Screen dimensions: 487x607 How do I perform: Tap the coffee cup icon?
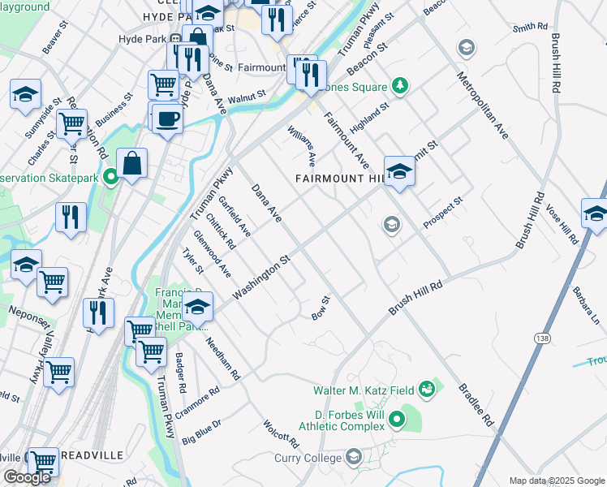167,119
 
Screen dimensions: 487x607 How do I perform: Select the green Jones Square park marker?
398,85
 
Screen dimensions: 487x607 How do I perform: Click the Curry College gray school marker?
353,458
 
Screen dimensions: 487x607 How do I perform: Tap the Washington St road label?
261,278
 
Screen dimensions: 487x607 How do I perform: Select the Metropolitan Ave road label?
481,106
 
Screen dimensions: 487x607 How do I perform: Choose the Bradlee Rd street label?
476,405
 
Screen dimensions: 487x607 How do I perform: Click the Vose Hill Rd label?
561,224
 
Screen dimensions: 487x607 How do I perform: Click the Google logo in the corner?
27,477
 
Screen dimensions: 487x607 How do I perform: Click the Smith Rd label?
530,28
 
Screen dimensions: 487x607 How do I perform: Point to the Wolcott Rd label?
280,434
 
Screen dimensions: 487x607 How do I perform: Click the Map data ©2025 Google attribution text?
557,481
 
